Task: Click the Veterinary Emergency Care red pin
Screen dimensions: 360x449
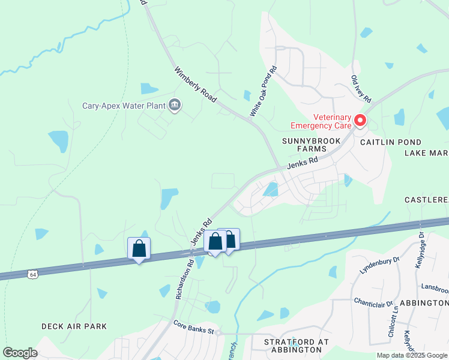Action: (x=360, y=121)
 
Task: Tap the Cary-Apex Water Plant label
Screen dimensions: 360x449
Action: (x=124, y=106)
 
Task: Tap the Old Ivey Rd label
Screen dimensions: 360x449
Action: (x=362, y=89)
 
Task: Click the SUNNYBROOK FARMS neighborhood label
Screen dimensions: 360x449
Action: (x=312, y=145)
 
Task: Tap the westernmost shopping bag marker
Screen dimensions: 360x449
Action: (x=139, y=248)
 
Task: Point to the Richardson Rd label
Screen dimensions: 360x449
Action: (x=184, y=278)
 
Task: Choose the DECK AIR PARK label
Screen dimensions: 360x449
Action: (x=74, y=326)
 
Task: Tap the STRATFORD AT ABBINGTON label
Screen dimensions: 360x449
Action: (x=296, y=346)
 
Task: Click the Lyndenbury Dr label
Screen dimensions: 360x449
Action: (x=379, y=266)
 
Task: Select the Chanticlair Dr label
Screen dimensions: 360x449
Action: (x=373, y=303)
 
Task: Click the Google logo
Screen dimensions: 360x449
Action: (x=20, y=353)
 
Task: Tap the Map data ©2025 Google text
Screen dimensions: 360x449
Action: (x=412, y=355)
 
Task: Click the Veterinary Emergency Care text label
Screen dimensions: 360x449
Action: (x=319, y=122)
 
